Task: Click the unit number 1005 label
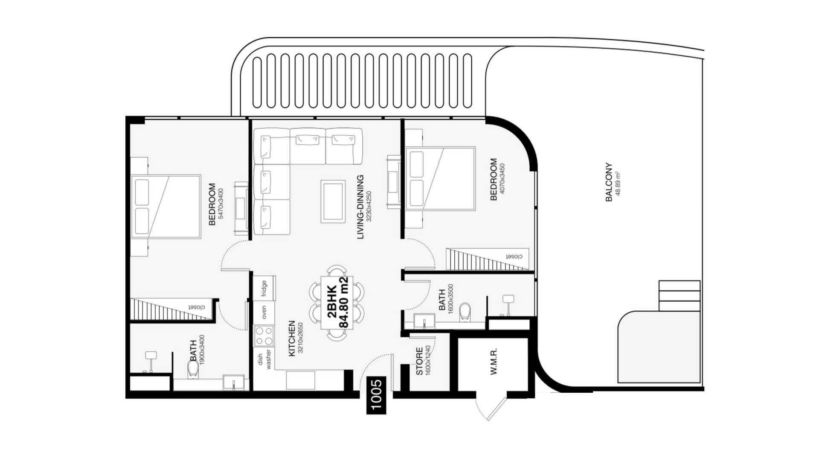tap(376, 395)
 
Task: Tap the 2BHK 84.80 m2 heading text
tap(337, 302)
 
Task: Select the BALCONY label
tap(609, 182)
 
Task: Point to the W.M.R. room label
tap(494, 362)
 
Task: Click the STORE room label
tap(419, 362)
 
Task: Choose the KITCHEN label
tap(292, 338)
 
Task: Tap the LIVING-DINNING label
tap(360, 207)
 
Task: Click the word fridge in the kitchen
tap(264, 288)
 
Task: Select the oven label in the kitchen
tap(264, 312)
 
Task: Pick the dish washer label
tap(264, 359)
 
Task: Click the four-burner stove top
tap(264, 336)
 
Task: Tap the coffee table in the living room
tap(333, 201)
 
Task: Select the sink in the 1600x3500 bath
tap(424, 321)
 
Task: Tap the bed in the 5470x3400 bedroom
tap(166, 207)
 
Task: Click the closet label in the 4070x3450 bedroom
tap(514, 257)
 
